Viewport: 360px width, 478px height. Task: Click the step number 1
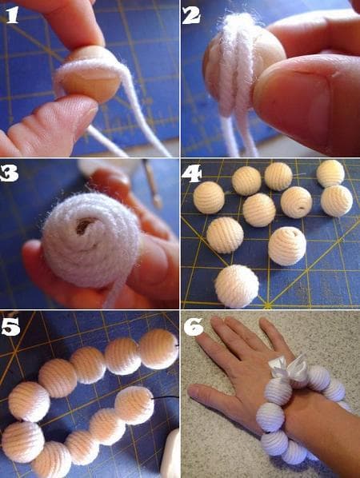point(12,15)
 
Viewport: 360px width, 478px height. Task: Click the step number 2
point(191,15)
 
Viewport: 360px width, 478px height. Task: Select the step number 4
point(191,173)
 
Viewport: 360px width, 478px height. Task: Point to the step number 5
point(10,327)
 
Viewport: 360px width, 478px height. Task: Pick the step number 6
point(194,326)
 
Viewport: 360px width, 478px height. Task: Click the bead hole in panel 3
point(84,225)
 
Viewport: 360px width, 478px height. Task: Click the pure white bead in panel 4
point(237,286)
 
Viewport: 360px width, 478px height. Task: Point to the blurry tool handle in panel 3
point(152,182)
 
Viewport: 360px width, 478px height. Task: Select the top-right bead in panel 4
point(330,173)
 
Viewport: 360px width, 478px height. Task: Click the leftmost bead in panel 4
point(209,197)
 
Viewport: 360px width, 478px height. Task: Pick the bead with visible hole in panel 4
point(297,202)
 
